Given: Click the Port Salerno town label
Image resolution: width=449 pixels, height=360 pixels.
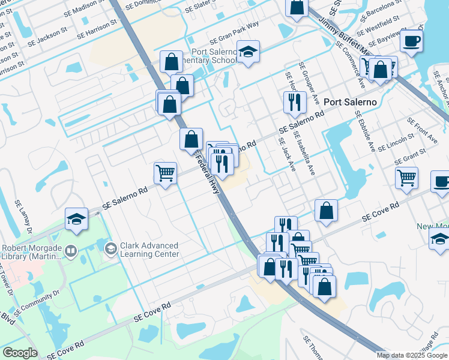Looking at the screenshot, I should (350, 102).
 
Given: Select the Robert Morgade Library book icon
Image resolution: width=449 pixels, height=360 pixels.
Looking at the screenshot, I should (71, 250).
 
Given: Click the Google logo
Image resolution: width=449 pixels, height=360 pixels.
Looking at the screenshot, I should (20, 353).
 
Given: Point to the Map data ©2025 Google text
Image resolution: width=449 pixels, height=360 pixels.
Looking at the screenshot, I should (411, 355).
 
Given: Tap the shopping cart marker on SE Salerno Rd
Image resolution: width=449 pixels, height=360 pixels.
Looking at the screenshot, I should (165, 173).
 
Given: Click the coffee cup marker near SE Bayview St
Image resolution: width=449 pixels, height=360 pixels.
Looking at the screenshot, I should (412, 41).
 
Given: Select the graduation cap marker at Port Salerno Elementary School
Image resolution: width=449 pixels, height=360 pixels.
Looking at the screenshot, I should (247, 52).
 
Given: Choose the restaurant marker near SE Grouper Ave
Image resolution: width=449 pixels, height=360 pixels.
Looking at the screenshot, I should (295, 102).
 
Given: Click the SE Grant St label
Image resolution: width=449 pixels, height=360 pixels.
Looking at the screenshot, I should (406, 158).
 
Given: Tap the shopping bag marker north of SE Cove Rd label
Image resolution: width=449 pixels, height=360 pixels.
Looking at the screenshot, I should (326, 211).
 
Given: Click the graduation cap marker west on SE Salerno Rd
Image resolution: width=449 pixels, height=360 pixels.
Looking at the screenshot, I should (76, 220).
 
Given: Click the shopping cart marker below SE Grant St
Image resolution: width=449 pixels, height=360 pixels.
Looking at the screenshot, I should (406, 178).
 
